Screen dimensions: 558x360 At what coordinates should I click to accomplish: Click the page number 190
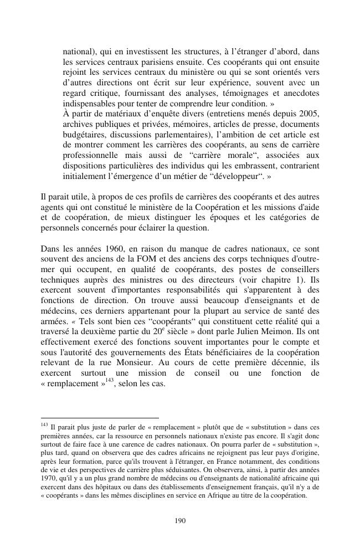pos(179,520)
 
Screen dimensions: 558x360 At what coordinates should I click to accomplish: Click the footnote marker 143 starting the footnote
pos(45,424)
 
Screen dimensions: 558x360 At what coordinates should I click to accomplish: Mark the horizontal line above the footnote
pos(100,418)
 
